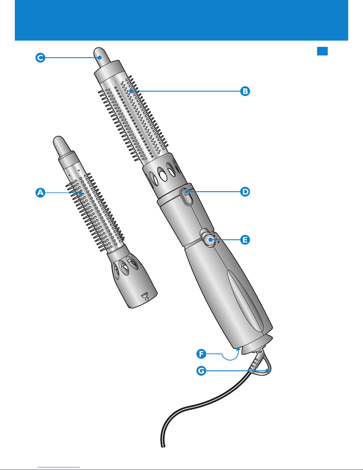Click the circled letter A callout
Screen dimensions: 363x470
[x=40, y=192]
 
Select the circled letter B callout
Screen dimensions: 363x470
[x=245, y=91]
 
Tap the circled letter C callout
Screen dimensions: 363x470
[x=40, y=58]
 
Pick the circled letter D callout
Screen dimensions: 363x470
[x=245, y=192]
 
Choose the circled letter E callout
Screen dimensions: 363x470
[x=245, y=240]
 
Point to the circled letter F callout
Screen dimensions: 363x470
[x=202, y=354]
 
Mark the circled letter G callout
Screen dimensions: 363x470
[x=202, y=371]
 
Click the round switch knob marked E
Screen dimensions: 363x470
[x=209, y=239]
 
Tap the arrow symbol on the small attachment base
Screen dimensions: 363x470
[x=145, y=297]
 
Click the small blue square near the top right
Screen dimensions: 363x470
[x=322, y=51]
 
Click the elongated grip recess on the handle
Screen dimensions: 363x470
[x=245, y=301]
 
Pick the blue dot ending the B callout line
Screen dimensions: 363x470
[x=131, y=91]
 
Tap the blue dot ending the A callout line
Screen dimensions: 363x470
[x=80, y=192]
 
